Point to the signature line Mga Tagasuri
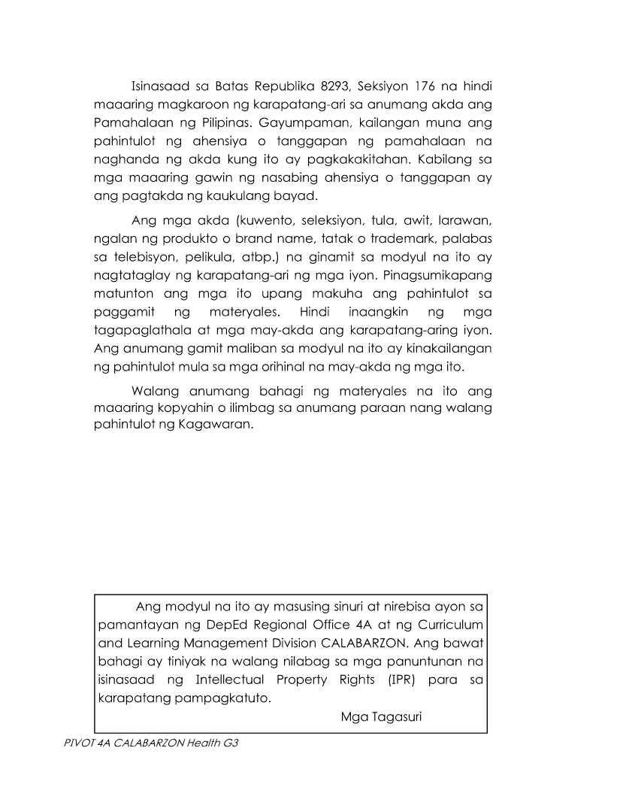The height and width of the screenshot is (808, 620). point(381,716)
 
